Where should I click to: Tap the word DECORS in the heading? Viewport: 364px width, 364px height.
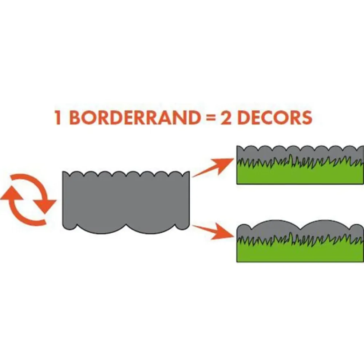pyautogui.click(x=275, y=118)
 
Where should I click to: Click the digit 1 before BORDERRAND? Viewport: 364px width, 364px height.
pyautogui.click(x=58, y=118)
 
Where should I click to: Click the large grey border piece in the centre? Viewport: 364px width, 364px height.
pyautogui.click(x=126, y=201)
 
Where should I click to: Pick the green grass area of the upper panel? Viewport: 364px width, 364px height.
pyautogui.click(x=300, y=173)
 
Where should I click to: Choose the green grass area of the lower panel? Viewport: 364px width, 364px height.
pyautogui.click(x=300, y=251)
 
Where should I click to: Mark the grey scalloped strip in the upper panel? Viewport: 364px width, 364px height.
pyautogui.click(x=300, y=153)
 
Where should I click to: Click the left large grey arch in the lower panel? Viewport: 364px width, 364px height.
pyautogui.click(x=276, y=228)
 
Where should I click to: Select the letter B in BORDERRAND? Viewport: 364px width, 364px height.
pyautogui.click(x=75, y=118)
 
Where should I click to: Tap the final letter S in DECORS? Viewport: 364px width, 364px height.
pyautogui.click(x=306, y=118)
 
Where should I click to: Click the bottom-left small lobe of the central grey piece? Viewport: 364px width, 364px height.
pyautogui.click(x=70, y=226)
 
